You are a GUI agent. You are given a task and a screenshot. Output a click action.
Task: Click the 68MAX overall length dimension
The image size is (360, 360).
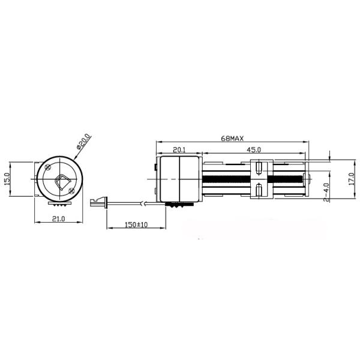[x=232, y=138]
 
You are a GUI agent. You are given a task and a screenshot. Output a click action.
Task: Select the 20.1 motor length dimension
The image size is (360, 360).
[x=178, y=150]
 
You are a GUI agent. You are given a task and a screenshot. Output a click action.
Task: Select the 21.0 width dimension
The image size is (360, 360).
[x=58, y=219]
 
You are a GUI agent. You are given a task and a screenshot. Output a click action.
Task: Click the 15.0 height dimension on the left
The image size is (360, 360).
[x=7, y=179]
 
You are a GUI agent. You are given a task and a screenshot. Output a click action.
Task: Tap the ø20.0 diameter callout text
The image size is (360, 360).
[x=83, y=143]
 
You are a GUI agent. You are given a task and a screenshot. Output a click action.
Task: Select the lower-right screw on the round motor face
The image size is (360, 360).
[x=72, y=191]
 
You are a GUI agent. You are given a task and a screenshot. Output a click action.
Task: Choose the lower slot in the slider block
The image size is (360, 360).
[x=258, y=191]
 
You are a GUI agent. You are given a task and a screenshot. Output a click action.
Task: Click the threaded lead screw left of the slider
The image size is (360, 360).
[x=225, y=179]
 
